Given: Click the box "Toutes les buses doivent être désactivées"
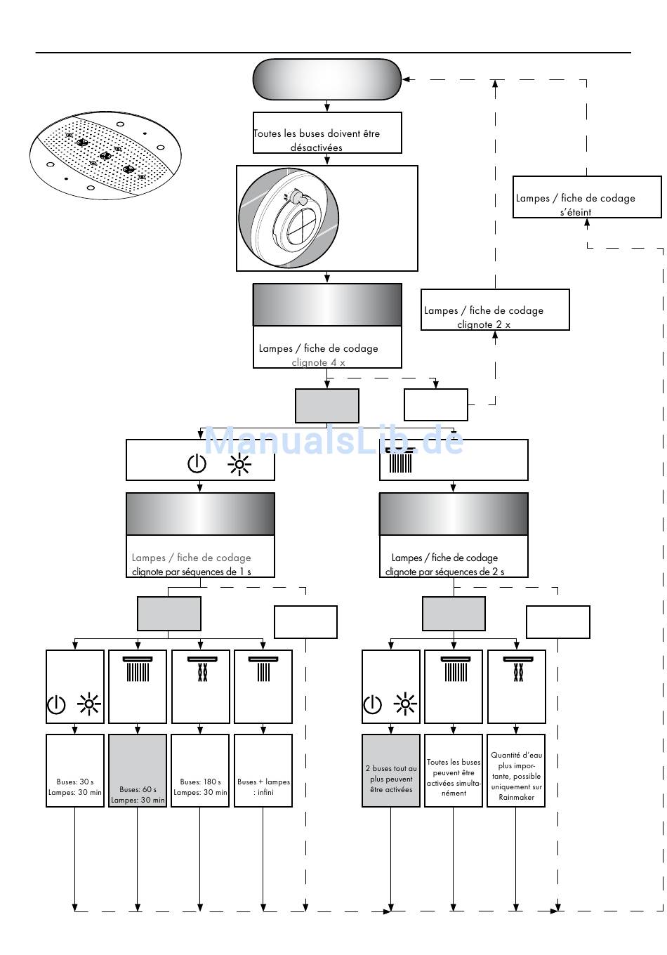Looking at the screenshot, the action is point(327,133).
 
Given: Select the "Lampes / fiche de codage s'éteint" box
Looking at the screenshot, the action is point(586,197).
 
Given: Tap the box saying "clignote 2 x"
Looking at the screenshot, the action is point(495,310).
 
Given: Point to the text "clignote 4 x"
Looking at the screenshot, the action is point(318,362).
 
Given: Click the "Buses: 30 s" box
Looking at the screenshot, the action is point(74,770).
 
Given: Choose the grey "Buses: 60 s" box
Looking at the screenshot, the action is point(137,770).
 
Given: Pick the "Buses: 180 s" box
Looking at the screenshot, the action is point(200,770).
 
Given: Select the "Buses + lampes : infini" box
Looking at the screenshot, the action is point(263,770).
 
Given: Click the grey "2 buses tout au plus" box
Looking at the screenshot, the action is point(391,770).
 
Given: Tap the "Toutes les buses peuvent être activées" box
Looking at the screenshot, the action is point(454,770).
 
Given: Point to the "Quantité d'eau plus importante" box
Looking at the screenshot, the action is point(516,770).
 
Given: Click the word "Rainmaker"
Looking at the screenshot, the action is point(516,797).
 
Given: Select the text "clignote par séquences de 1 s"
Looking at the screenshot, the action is point(192,572).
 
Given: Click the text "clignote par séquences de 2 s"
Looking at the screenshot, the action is point(444,572).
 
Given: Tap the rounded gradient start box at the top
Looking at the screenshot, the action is point(327,79).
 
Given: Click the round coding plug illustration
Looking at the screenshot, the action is point(289,218).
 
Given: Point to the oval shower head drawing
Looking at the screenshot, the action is point(105,155).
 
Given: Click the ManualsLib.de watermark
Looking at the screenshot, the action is point(333,440).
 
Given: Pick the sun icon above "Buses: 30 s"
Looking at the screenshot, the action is point(89,704).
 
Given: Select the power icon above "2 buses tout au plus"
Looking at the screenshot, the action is point(372,704).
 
